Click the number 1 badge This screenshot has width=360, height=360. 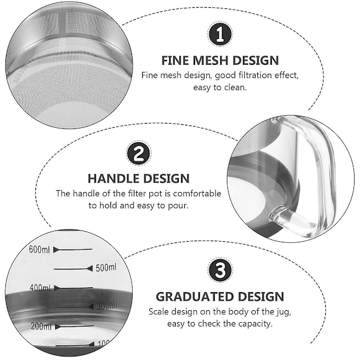click(x=220, y=34)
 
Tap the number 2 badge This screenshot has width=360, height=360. click(x=139, y=153)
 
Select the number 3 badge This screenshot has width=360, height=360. click(x=220, y=270)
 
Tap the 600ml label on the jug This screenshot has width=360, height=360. click(x=39, y=250)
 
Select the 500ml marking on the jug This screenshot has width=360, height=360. click(x=106, y=268)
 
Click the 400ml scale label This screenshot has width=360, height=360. click(x=40, y=287)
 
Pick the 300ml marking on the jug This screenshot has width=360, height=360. click(x=107, y=306)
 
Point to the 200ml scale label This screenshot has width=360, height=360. click(x=41, y=326)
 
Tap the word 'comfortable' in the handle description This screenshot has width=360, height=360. click(x=197, y=194)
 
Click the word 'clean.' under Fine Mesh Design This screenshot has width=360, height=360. click(x=235, y=88)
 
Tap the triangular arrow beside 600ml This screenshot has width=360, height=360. click(x=56, y=250)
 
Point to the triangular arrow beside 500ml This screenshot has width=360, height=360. click(x=90, y=268)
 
